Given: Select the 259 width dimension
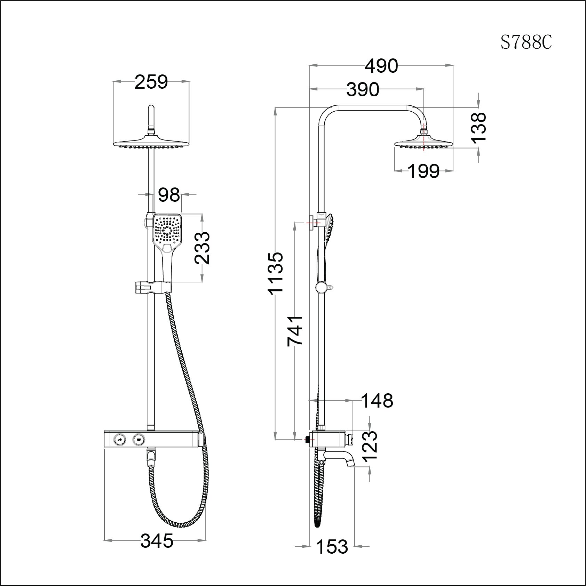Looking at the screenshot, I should [151, 82].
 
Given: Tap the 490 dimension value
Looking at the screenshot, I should [381, 66].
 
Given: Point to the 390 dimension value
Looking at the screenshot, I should [363, 90].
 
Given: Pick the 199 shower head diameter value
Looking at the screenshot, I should [423, 171].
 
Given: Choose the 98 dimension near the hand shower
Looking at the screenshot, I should [169, 195].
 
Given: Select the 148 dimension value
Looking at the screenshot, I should [378, 401].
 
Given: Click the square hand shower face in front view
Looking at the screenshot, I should [167, 230].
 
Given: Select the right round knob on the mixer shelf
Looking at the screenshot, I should [139, 440].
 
